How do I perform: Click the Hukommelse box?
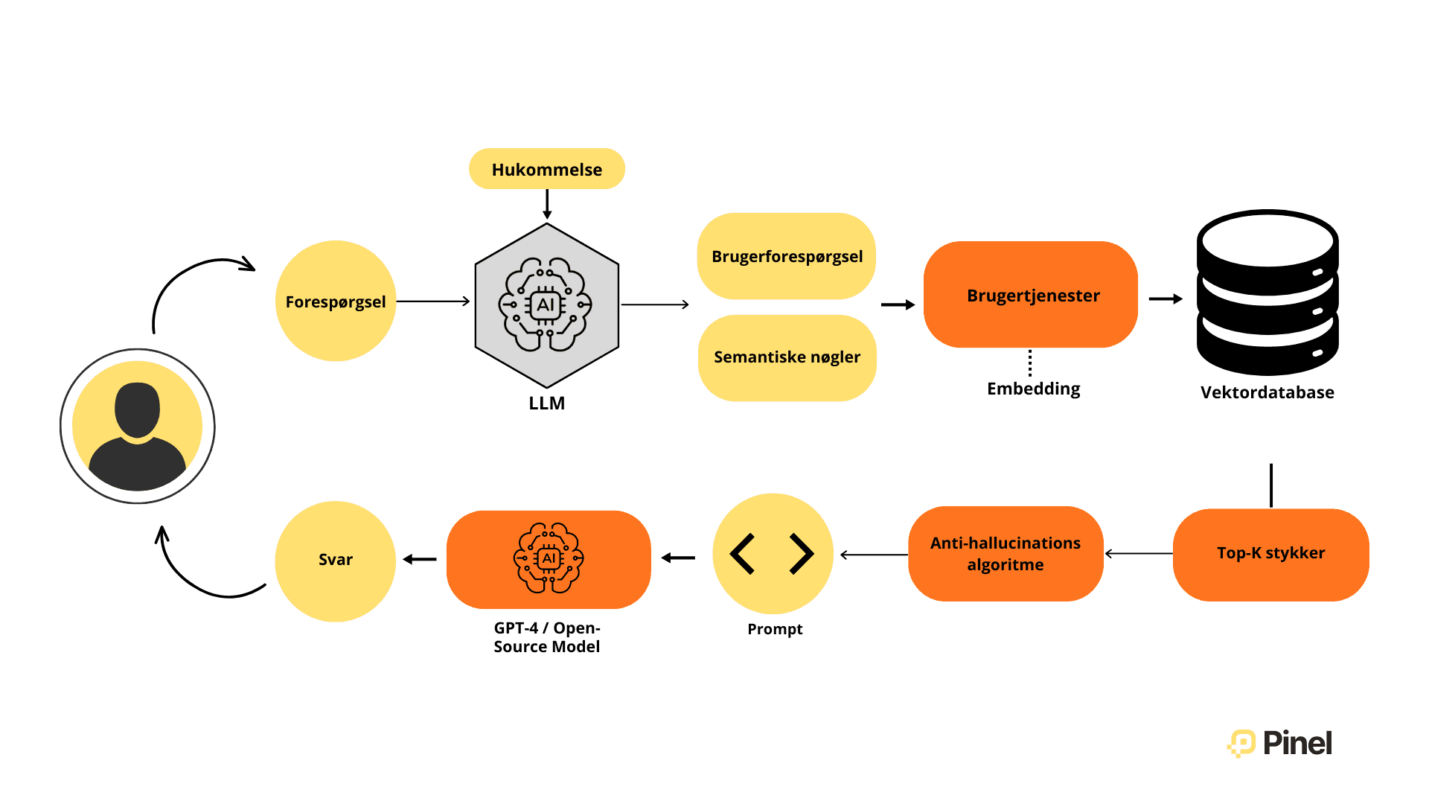546,169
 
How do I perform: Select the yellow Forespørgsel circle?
336,301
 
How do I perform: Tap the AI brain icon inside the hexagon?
546,304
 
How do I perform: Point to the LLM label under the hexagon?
546,403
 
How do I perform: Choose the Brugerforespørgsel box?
787,256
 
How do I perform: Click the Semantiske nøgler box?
787,357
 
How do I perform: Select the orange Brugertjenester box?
1032,296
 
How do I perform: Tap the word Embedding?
1033,389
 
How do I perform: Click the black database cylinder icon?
1267,292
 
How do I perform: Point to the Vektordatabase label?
1267,392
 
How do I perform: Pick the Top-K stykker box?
1270,553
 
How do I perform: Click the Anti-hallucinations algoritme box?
1005,553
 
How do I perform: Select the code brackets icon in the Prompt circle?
772,553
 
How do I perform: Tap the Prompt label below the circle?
775,629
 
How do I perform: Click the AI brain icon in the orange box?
549,558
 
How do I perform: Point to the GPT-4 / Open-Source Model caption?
546,637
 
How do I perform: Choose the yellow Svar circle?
336,560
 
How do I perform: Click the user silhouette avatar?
138,427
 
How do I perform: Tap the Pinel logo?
1279,743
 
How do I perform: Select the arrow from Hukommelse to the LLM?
547,204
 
